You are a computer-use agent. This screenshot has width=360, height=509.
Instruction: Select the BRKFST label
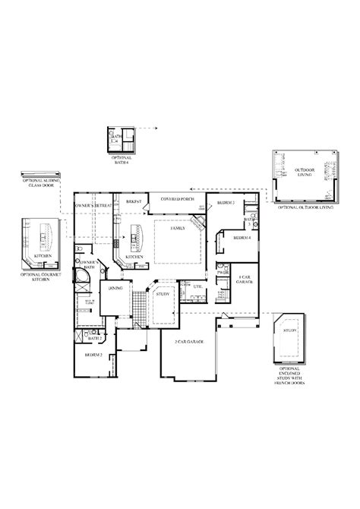[135, 202]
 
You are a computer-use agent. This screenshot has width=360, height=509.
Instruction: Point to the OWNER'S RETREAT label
[94, 206]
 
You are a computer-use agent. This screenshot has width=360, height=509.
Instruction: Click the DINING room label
[116, 288]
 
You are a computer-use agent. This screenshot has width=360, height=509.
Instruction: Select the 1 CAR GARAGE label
[245, 280]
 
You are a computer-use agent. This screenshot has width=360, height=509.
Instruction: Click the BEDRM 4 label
[242, 238]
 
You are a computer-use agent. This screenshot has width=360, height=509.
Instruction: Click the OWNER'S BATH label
[90, 265]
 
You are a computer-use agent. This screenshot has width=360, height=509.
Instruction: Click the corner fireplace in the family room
[197, 225]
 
